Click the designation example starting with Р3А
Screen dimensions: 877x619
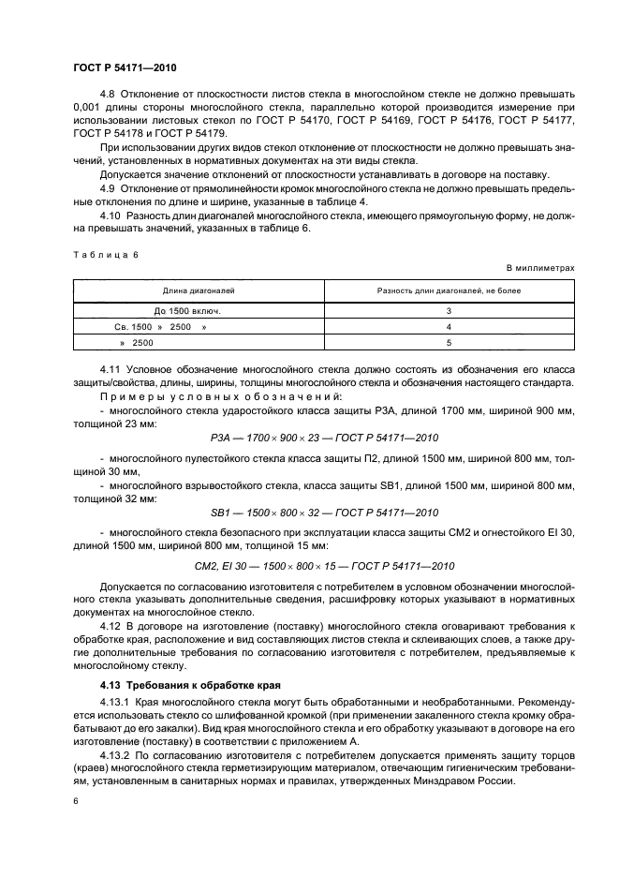click(323, 438)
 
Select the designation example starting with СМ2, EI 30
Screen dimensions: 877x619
click(323, 566)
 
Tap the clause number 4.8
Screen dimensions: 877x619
click(109, 95)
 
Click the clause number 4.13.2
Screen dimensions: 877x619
click(116, 752)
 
